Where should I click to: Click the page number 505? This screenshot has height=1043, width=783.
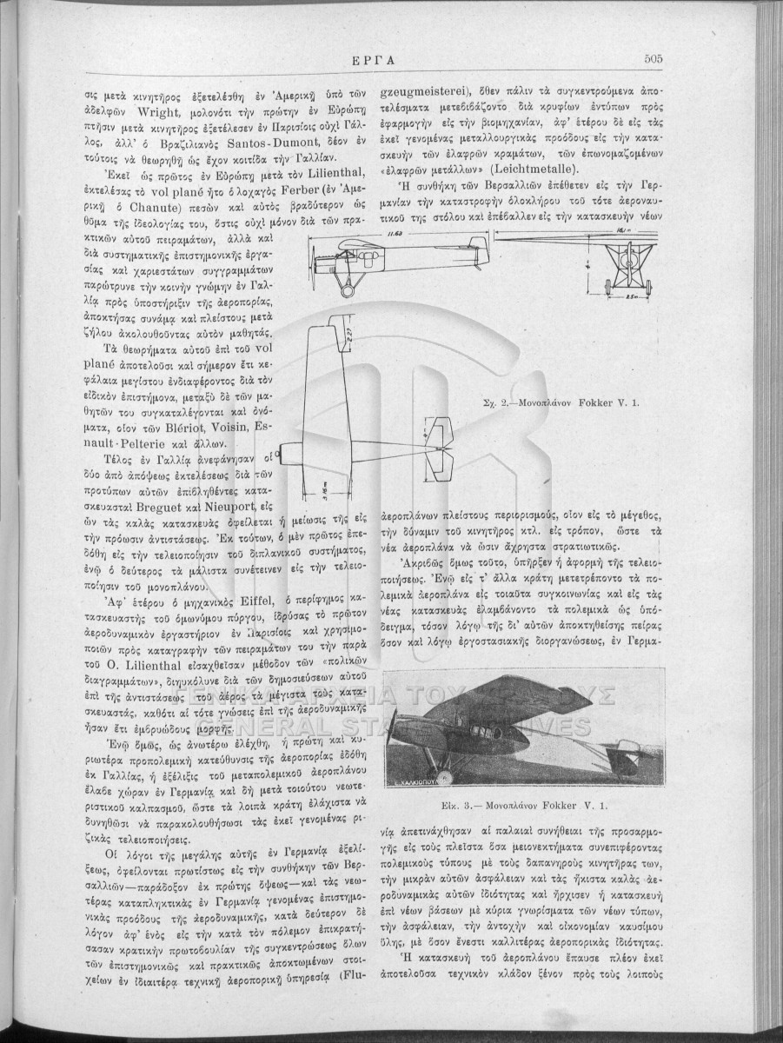(654, 59)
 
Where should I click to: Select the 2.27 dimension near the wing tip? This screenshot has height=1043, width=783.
(346, 333)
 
